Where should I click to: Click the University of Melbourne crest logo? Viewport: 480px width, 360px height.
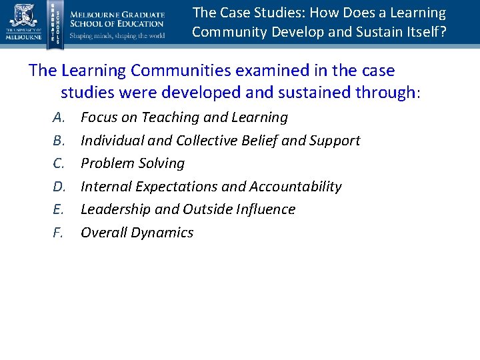(x=22, y=16)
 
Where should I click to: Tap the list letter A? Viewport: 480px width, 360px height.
(x=59, y=118)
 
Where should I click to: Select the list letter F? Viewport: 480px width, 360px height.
(x=59, y=233)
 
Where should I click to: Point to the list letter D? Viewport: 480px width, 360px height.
(x=59, y=187)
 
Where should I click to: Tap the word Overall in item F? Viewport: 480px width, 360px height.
(x=105, y=233)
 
